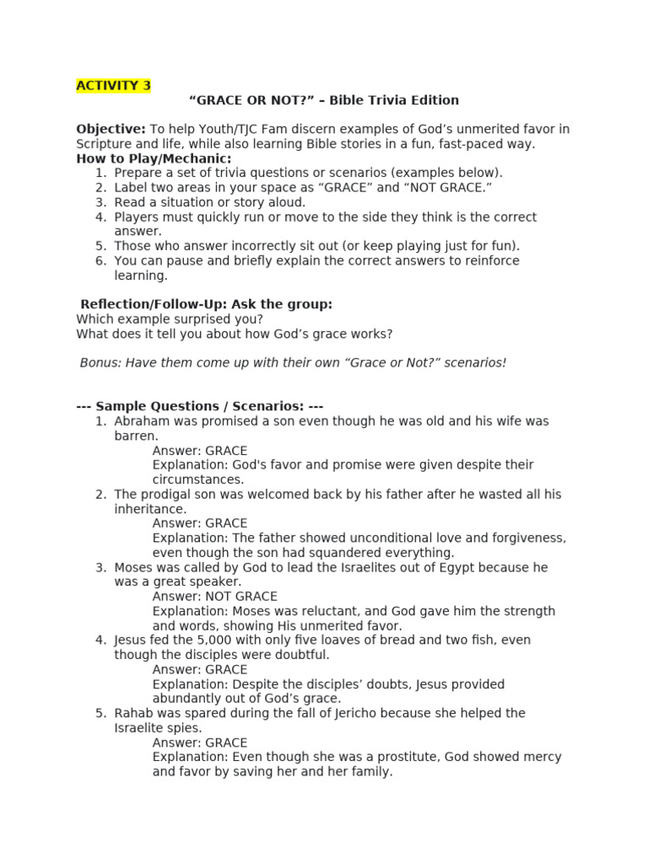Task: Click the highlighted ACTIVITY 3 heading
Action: coord(113,85)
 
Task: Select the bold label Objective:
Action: coord(111,129)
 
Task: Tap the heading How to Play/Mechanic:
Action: coord(154,158)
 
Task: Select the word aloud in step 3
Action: coord(286,202)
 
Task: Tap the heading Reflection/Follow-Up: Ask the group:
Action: coord(206,304)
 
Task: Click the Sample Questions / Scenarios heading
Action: coord(200,406)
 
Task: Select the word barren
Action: coord(136,436)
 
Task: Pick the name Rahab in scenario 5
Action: coord(132,713)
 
